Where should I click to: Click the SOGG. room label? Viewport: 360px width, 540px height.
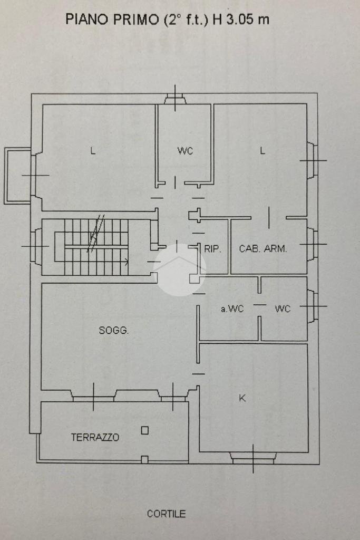114,331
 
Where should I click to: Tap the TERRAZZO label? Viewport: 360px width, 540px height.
95,437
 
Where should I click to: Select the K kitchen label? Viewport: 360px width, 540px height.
242,398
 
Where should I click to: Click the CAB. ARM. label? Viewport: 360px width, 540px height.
263,249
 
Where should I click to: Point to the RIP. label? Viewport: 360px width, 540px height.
212,249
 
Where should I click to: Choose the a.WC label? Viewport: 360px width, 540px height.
232,309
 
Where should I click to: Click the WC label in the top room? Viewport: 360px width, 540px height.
185,151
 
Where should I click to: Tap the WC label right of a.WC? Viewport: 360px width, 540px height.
283,309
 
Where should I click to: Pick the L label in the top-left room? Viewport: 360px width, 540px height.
93,151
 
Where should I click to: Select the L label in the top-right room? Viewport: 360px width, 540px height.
262,151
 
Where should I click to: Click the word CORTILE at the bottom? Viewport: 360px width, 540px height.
166,514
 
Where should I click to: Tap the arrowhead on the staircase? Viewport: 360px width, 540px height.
127,260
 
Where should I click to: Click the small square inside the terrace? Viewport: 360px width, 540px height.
144,430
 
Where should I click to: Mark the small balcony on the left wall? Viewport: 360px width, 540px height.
17,176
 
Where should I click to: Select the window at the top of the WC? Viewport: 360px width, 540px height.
174,99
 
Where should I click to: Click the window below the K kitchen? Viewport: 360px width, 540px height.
254,457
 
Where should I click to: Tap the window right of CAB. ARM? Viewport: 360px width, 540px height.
312,244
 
